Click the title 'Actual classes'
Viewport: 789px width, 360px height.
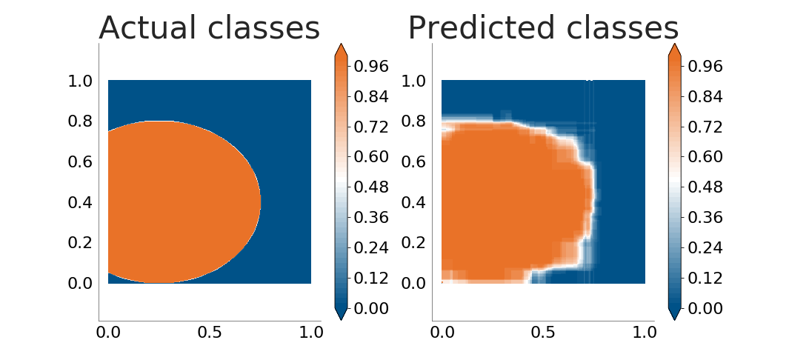pos(209,28)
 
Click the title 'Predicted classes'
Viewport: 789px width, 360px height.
pos(543,28)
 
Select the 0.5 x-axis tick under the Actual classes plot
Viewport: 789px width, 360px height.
pos(210,333)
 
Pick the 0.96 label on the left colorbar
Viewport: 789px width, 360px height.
pos(371,66)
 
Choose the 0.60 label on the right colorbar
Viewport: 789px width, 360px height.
pos(705,157)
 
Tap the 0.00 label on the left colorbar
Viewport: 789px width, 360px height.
pos(371,308)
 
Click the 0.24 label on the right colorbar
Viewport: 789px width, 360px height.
pos(705,248)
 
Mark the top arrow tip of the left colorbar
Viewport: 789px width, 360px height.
pos(341,44)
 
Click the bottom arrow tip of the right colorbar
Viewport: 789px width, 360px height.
pos(674,320)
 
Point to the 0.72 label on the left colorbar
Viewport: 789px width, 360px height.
pos(371,127)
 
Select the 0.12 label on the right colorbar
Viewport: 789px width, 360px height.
pos(705,279)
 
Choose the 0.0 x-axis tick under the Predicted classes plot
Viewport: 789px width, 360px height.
pos(442,333)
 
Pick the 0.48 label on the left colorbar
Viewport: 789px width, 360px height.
pos(371,187)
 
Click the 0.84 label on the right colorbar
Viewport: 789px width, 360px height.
pos(705,96)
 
